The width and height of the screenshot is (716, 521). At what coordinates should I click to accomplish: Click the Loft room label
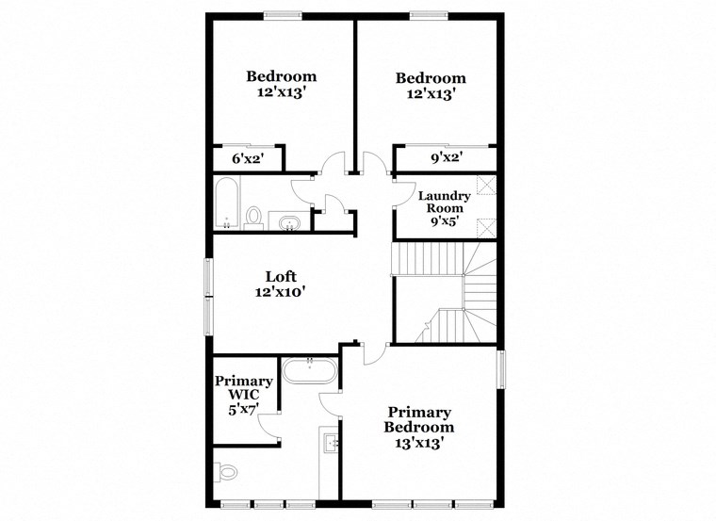point(281,276)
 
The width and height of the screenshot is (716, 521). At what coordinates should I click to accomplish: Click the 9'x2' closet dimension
point(446,158)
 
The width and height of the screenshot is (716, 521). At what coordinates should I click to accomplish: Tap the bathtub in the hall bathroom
point(226,204)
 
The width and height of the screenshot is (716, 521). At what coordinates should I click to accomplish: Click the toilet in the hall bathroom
point(253,218)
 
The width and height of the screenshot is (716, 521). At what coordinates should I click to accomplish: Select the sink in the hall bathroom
point(290,222)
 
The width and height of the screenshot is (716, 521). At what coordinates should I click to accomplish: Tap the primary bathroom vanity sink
point(330,443)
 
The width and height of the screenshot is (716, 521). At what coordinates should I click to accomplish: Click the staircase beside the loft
point(443,292)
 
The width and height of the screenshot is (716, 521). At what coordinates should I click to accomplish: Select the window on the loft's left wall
point(209,295)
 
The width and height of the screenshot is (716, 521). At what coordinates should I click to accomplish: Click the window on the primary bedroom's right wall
point(502,368)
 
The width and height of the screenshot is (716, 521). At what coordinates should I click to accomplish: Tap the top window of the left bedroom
point(282,14)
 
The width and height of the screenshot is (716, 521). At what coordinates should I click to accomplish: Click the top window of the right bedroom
point(430,14)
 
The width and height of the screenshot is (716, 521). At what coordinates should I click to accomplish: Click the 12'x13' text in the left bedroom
point(281,93)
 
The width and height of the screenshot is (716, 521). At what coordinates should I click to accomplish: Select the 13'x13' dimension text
point(419,441)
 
